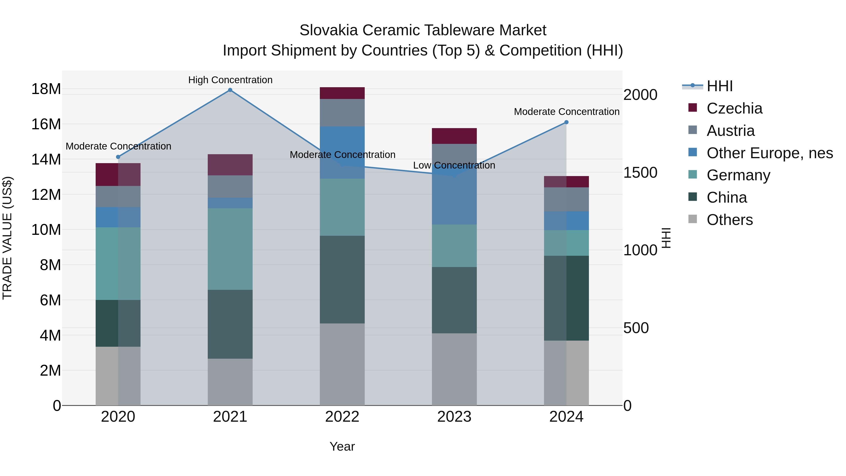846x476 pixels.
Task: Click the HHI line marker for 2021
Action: click(x=230, y=90)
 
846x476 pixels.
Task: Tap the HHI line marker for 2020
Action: click(x=118, y=157)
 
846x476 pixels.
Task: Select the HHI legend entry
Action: click(x=719, y=86)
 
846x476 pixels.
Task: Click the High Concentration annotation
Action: click(x=230, y=80)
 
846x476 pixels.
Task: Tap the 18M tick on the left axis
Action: click(x=46, y=89)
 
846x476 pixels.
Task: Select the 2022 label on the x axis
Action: click(x=342, y=417)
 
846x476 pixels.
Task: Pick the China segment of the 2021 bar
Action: click(x=230, y=324)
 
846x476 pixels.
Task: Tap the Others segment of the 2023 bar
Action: click(x=454, y=369)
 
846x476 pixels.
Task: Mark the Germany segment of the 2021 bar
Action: click(x=230, y=249)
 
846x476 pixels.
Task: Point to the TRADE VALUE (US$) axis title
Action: click(x=7, y=238)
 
